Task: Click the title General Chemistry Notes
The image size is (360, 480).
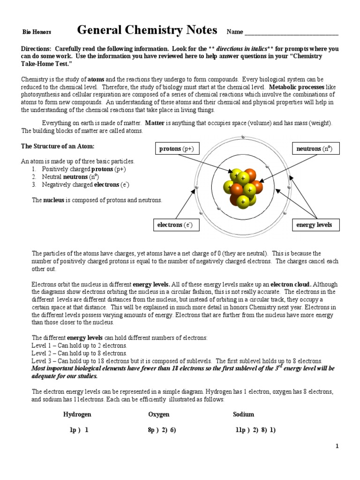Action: coord(147,30)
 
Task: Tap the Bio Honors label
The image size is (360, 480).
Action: coord(37,32)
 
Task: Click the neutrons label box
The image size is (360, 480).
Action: coord(315,149)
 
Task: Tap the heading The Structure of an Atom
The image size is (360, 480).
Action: coord(58,146)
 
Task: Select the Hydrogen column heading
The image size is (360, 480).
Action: coord(77,414)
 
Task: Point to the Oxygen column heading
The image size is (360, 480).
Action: coord(159,414)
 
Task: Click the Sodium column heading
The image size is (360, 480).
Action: coord(243,414)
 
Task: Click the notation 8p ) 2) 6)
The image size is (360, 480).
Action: coord(162,429)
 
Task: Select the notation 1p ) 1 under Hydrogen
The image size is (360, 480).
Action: coord(76,429)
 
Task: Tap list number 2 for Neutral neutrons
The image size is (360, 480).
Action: coord(34,177)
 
